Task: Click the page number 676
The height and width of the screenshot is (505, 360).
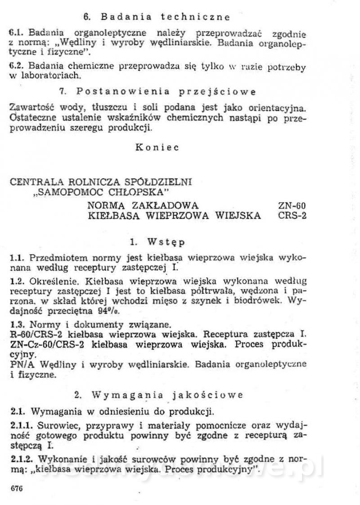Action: [16, 488]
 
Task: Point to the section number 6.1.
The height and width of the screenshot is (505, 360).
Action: [16, 34]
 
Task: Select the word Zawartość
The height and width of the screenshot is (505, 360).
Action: [31, 108]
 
